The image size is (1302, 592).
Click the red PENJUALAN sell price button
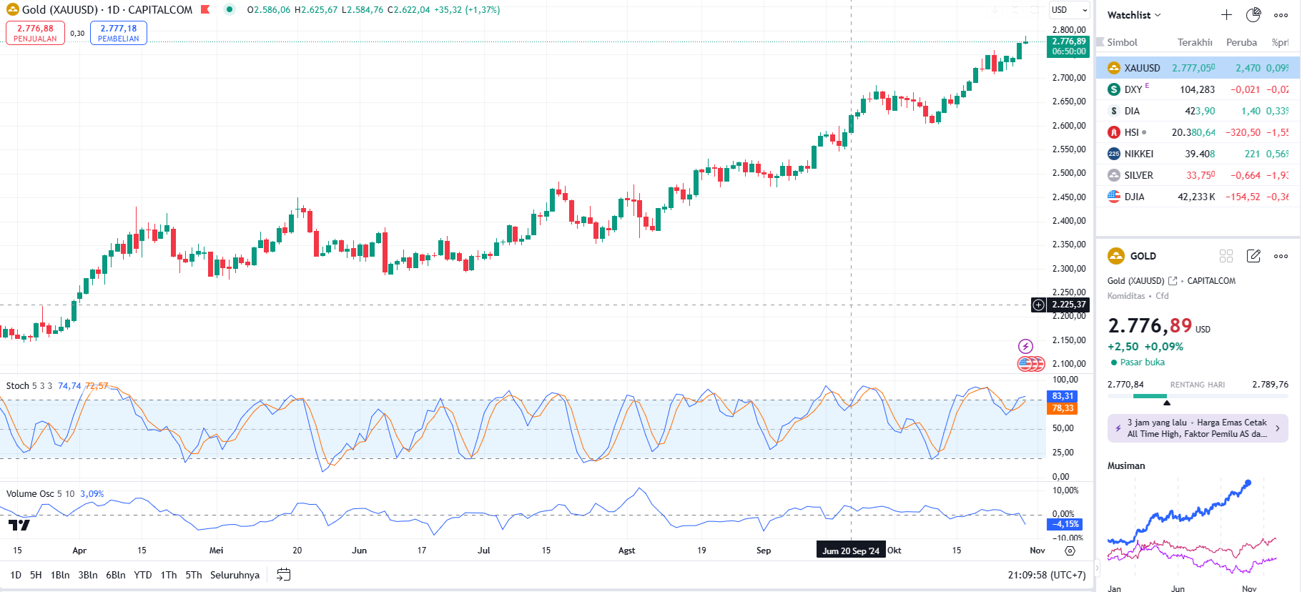pyautogui.click(x=35, y=33)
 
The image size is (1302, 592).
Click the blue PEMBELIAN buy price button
pyautogui.click(x=118, y=33)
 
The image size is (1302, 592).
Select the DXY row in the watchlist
pyautogui.click(x=1133, y=89)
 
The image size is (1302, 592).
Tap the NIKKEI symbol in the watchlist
pyautogui.click(x=1138, y=154)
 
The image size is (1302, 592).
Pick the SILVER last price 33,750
pyautogui.click(x=1200, y=175)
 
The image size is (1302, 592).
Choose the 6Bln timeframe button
pyautogui.click(x=115, y=575)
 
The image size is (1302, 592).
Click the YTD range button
pyautogui.click(x=143, y=575)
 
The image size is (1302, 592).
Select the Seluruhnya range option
pyautogui.click(x=235, y=575)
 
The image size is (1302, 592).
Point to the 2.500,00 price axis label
pyautogui.click(x=1068, y=173)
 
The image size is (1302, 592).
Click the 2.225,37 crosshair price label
pyautogui.click(x=1068, y=305)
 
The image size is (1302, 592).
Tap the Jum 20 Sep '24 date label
pyautogui.click(x=850, y=551)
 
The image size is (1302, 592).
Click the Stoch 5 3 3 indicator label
pyautogui.click(x=29, y=386)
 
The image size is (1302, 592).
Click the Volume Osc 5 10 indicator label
pyautogui.click(x=40, y=494)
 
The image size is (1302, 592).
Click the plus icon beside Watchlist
pyautogui.click(x=1226, y=15)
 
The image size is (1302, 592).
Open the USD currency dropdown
pyautogui.click(x=1069, y=10)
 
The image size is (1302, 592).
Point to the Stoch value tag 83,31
pyautogui.click(x=1062, y=396)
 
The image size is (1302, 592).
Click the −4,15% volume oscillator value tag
pyautogui.click(x=1065, y=524)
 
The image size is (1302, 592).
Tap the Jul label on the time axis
pyautogui.click(x=484, y=551)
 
